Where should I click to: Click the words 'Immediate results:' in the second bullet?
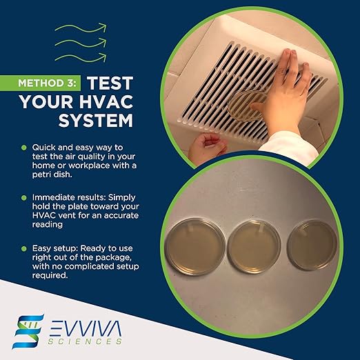click(x=65, y=197)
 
